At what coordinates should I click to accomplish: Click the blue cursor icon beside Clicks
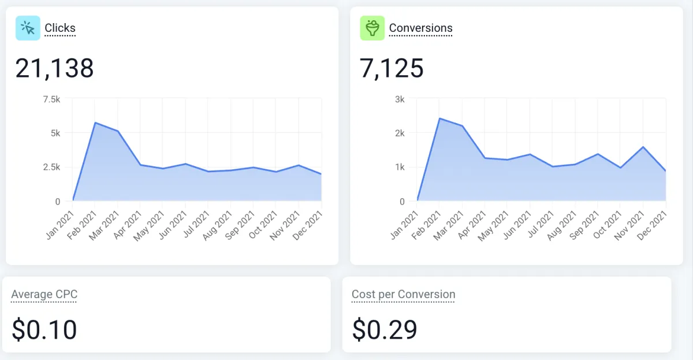pos(28,28)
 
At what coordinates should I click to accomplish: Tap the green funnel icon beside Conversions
pos(372,28)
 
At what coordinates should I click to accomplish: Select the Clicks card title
pos(60,28)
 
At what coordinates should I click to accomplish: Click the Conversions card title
pos(420,28)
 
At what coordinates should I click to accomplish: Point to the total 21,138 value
pos(54,68)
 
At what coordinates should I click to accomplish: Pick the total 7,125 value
pos(392,68)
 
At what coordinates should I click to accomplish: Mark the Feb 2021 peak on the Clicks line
pos(95,123)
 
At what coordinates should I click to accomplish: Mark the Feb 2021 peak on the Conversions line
pos(439,118)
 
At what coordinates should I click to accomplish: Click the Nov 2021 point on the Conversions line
pos(643,147)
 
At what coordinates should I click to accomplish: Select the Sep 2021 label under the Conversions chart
pos(586,225)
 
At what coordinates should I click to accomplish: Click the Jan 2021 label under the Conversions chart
pos(405,225)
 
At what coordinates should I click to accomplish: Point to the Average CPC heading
pos(44,295)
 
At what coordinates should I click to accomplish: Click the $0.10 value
pos(44,329)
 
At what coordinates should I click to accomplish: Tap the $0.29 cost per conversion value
pos(385,329)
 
